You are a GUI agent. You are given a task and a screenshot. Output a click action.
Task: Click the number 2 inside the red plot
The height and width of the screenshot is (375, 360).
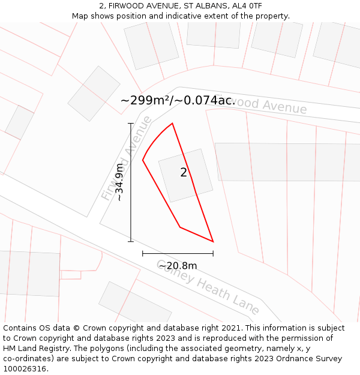click(184, 173)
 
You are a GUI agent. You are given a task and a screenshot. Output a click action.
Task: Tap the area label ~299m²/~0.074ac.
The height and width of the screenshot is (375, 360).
click(178, 100)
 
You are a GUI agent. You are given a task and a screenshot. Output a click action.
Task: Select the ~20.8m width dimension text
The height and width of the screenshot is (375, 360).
click(178, 266)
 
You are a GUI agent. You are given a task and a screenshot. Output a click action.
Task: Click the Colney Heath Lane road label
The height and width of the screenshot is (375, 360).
click(208, 287)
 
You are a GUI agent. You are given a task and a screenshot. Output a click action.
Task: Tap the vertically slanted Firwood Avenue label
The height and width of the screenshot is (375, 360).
click(127, 158)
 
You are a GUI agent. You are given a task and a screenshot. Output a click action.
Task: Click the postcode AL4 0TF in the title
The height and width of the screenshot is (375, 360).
click(248, 6)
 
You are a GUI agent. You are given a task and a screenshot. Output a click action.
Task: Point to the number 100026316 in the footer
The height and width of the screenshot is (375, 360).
click(24, 369)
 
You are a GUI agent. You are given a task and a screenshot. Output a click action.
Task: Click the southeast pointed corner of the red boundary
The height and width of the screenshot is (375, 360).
click(213, 242)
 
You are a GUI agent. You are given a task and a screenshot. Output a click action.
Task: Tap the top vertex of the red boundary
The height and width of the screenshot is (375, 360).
click(172, 124)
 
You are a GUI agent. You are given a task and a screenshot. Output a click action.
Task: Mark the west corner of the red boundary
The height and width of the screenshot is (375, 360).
click(143, 160)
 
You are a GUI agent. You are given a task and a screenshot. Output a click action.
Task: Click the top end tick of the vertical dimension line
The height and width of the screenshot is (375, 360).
click(131, 124)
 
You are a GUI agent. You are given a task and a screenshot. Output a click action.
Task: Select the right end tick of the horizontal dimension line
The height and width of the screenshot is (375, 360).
click(213, 254)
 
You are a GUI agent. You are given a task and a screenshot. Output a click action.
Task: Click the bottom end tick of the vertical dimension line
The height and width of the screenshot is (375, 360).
click(131, 242)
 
